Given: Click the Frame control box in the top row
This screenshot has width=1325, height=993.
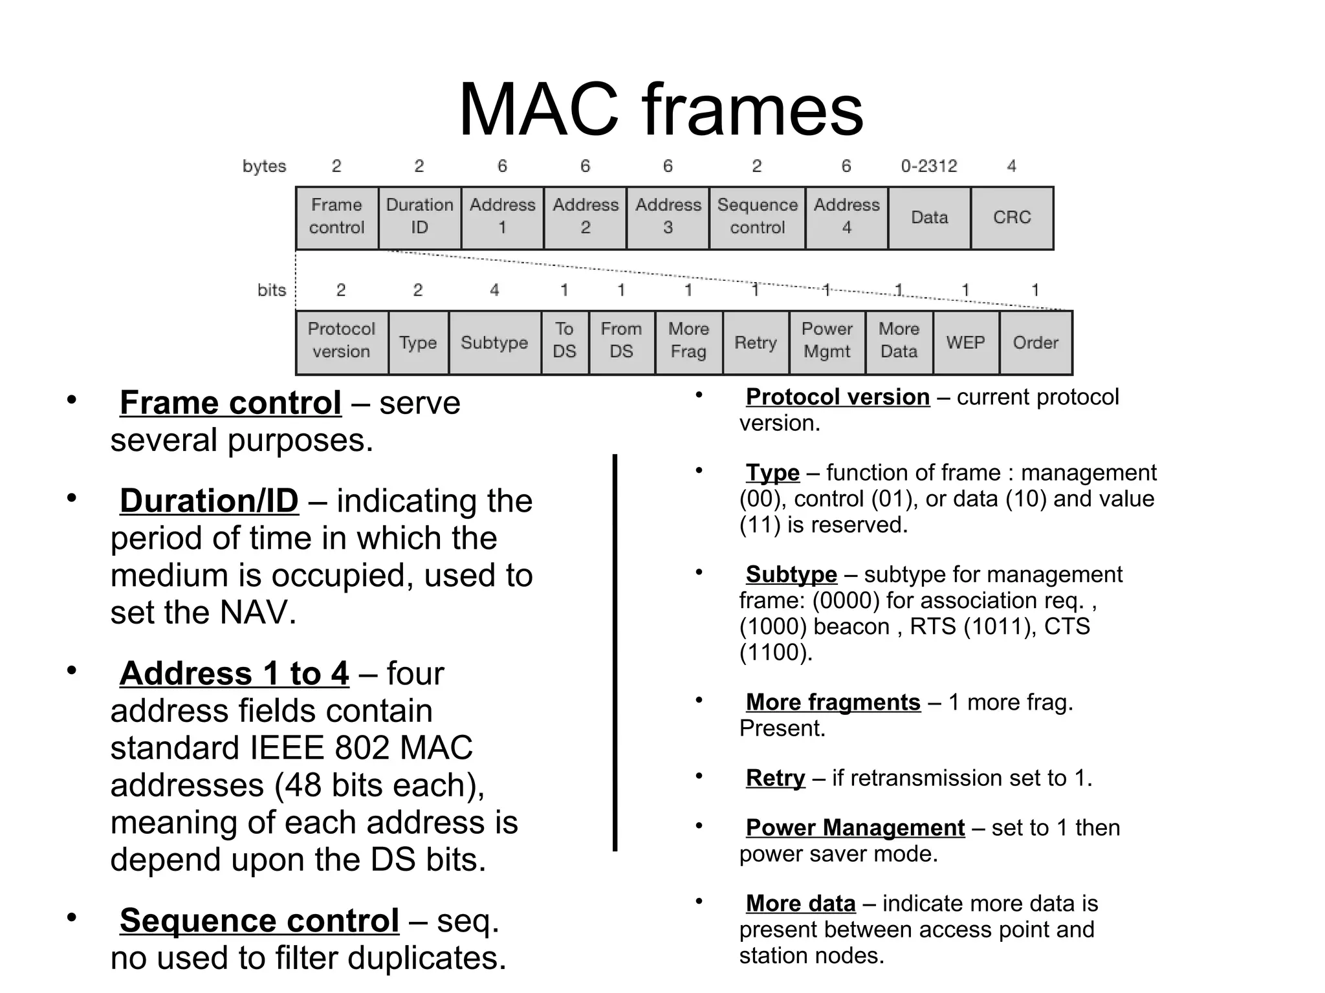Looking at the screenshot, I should tap(336, 217).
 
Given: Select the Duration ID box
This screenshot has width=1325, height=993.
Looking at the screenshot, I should tap(419, 217).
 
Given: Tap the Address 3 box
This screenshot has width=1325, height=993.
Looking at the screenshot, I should tap(668, 217).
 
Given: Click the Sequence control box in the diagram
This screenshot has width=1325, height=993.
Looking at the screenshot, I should tap(757, 217).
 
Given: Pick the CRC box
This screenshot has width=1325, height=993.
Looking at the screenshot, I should tap(1012, 217).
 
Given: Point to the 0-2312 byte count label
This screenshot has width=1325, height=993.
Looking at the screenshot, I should tap(928, 166).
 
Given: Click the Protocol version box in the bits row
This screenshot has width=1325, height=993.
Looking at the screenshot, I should tap(341, 342).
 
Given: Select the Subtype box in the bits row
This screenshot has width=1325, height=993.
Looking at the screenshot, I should tap(494, 342).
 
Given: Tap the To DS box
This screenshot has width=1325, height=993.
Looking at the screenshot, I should tap(564, 342).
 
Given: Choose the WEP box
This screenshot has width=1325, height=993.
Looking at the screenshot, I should tap(965, 342).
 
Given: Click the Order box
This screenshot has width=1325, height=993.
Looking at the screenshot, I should tap(1035, 342).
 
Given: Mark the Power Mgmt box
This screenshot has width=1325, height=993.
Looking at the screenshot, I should tap(827, 342).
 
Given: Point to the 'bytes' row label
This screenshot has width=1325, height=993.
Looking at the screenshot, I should tap(264, 166).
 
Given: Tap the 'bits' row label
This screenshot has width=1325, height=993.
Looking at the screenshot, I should tap(272, 290).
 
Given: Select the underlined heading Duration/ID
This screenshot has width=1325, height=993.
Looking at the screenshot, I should tap(209, 501).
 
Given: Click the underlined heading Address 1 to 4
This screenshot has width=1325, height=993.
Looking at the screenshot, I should tap(234, 673).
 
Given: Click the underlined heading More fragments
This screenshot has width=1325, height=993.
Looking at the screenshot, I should tap(833, 702).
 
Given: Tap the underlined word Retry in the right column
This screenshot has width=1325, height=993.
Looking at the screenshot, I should tap(775, 778).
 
